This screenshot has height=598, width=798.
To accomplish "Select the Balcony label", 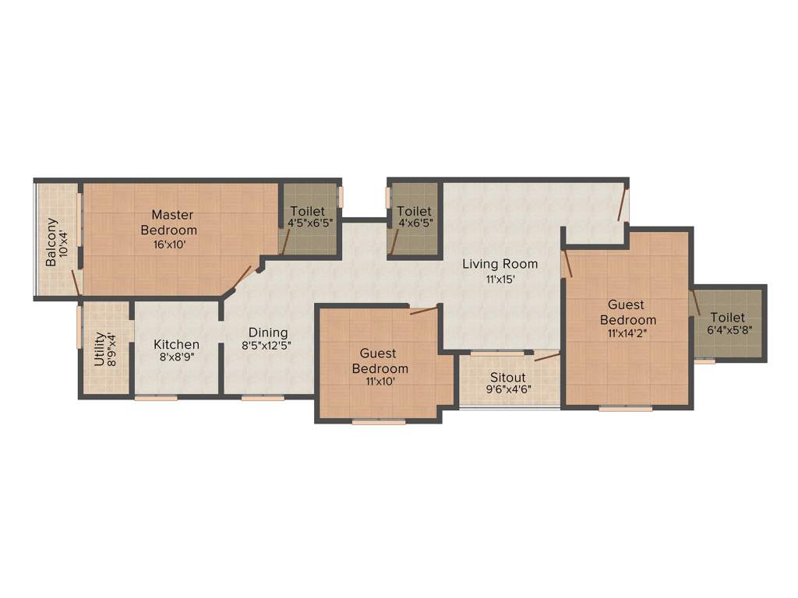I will pyautogui.click(x=51, y=241).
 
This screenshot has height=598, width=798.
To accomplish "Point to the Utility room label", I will pyautogui.click(x=100, y=350).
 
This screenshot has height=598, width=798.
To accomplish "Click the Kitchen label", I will pyautogui.click(x=176, y=344).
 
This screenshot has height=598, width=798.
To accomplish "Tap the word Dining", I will pyautogui.click(x=268, y=332).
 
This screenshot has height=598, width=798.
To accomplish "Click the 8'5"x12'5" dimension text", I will pyautogui.click(x=266, y=346).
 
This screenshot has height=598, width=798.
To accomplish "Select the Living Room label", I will pyautogui.click(x=500, y=264).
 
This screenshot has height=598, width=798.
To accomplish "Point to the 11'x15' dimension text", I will pyautogui.click(x=500, y=279).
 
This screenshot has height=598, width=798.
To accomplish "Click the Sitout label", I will pyautogui.click(x=508, y=378).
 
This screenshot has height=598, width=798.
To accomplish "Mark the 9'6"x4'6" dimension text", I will pyautogui.click(x=509, y=389).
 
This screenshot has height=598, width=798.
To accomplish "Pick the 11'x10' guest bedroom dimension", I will pyautogui.click(x=380, y=382).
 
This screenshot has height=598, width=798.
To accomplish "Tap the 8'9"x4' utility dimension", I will pyautogui.click(x=112, y=350).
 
